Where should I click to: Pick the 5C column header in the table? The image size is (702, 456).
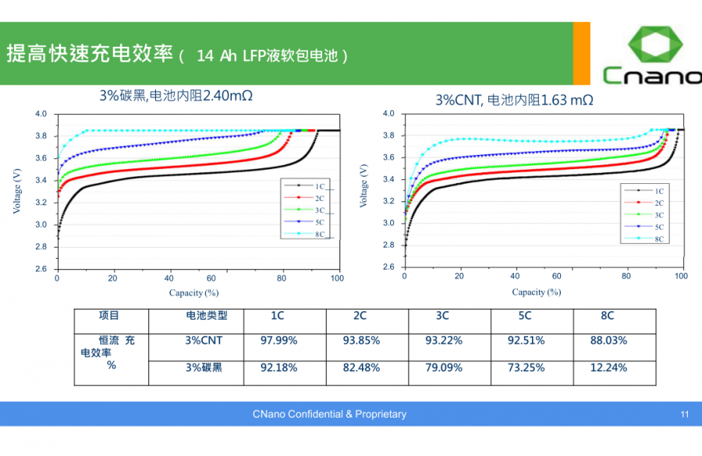click(525, 316)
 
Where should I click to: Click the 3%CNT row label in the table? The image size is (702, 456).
click(204, 341)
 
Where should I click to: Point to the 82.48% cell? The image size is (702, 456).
click(361, 367)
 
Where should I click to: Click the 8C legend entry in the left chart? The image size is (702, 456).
click(313, 234)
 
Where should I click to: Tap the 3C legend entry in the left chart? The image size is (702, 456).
click(313, 210)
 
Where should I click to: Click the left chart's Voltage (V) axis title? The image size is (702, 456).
click(17, 192)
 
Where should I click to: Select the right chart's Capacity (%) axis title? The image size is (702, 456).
click(536, 292)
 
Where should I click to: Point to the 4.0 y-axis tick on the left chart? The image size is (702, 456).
click(41, 115)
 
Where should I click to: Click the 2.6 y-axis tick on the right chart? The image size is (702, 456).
click(388, 267)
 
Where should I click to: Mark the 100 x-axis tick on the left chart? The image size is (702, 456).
click(337, 278)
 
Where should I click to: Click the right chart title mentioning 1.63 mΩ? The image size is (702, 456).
click(514, 100)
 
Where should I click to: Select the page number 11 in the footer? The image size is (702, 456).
click(684, 415)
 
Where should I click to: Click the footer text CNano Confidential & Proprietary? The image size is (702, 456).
click(329, 415)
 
